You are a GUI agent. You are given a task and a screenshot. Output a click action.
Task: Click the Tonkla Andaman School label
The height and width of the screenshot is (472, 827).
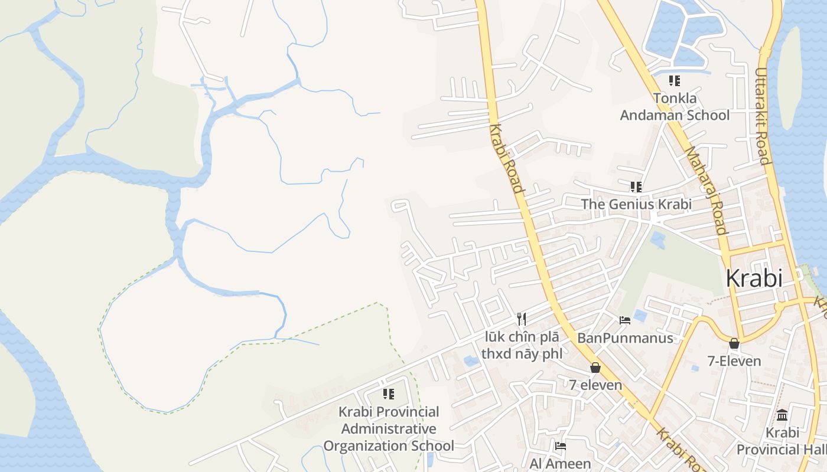[x=675, y=107]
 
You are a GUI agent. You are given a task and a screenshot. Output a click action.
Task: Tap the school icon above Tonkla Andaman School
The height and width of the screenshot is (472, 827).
[x=674, y=81]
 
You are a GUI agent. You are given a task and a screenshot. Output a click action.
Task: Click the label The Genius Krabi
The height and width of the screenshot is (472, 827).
[x=636, y=204]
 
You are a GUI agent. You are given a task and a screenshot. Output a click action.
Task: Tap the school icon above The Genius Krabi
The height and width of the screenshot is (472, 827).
[x=636, y=187]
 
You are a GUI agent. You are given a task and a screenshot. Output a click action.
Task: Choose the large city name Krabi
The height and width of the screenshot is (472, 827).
[x=754, y=278]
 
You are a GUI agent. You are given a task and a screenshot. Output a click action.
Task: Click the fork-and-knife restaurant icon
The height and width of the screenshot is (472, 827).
[x=521, y=319]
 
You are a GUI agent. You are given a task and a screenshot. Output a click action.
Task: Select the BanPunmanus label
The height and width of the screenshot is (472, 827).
[x=625, y=338]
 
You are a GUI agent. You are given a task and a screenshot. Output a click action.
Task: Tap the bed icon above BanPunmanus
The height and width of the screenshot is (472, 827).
[x=625, y=320]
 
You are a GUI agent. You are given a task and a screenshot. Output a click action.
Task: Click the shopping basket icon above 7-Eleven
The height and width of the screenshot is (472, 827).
[x=734, y=343]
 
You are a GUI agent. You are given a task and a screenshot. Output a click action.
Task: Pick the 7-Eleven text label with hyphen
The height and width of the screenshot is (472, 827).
[x=734, y=360]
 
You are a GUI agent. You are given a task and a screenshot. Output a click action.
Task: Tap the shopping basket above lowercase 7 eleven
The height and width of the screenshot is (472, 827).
[x=595, y=368]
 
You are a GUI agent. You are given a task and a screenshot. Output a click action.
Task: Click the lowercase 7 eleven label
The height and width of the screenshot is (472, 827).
[x=595, y=385]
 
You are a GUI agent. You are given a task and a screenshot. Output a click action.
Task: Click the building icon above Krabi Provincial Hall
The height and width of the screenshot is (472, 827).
[x=782, y=415]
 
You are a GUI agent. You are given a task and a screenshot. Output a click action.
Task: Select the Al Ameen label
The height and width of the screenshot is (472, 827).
[x=560, y=464]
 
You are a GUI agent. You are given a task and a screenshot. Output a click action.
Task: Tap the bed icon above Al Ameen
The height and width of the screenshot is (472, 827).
[x=560, y=446]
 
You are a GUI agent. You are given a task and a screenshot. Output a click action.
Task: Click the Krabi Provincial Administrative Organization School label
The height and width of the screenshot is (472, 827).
[x=389, y=429]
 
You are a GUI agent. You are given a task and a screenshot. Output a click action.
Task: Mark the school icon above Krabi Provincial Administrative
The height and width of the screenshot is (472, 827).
[x=388, y=394]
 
